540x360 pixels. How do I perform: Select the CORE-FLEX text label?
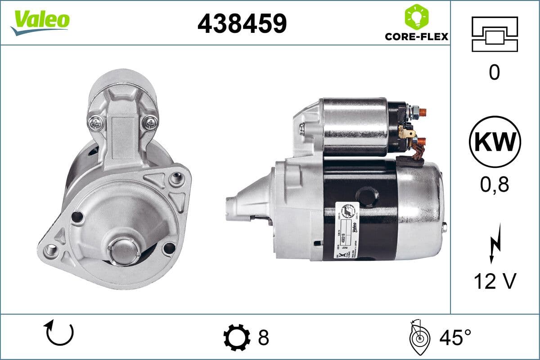point(416,36)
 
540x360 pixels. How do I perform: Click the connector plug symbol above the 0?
point(494,33)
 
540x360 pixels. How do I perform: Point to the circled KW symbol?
point(494,142)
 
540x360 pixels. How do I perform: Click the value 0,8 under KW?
point(494,184)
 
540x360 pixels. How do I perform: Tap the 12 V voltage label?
point(494,282)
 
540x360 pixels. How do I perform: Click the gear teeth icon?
point(237,337)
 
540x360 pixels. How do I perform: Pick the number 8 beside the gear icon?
point(263,337)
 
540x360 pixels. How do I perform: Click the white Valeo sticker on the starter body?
point(346,229)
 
